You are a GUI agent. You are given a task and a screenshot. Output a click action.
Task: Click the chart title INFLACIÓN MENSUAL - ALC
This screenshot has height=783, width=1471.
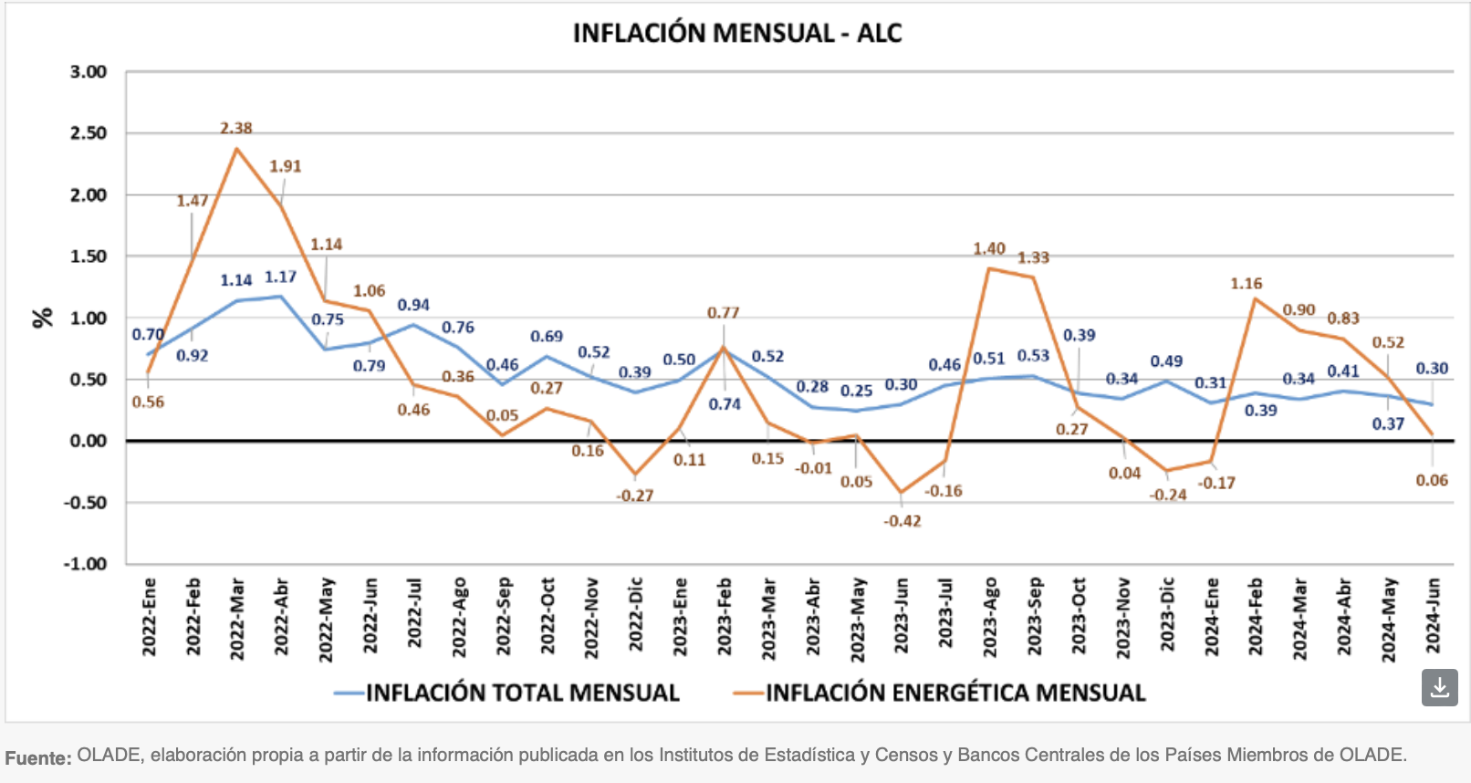736,34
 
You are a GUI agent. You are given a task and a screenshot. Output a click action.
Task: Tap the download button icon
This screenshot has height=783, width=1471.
1439,687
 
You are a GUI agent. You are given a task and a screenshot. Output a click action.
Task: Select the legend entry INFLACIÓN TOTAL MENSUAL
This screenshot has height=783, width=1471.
522,694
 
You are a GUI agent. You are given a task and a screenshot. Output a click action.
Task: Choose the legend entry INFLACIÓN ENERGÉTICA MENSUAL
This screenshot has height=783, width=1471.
955,694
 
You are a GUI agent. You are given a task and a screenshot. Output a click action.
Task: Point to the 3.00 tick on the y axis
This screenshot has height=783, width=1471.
89,72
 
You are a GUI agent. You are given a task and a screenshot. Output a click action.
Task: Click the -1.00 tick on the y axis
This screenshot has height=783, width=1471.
85,564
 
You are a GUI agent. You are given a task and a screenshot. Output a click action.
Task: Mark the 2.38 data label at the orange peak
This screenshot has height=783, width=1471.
235,129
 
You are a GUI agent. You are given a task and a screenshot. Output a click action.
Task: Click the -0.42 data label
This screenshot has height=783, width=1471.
902,521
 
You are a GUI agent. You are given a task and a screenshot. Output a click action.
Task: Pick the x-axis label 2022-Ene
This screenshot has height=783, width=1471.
149,616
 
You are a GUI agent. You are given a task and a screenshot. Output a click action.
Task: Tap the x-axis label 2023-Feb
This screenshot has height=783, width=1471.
725,616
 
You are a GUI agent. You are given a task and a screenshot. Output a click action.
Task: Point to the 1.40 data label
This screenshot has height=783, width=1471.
988,249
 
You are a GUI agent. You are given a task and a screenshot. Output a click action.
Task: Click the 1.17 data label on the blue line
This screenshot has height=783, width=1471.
280,277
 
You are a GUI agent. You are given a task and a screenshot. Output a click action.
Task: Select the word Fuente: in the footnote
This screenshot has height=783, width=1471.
38,757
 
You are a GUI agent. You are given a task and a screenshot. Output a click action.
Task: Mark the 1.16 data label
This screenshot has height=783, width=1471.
1246,284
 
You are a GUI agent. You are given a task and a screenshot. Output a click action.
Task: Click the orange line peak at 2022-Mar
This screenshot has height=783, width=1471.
236,149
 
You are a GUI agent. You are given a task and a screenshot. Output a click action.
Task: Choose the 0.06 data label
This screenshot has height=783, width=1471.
1432,480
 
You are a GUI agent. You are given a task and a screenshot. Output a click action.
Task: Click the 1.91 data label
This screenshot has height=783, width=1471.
285,166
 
